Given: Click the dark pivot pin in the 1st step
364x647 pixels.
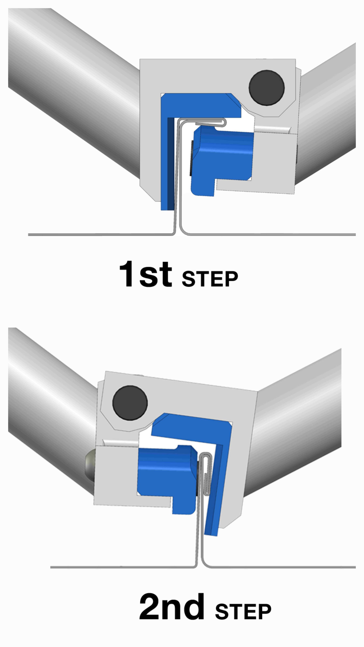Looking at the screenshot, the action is tap(267, 88).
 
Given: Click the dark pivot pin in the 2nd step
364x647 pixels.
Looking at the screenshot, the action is tap(130, 403).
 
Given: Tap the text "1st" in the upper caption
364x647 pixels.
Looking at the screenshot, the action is tap(146, 274).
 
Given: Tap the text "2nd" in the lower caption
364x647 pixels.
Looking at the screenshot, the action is tap(172, 607).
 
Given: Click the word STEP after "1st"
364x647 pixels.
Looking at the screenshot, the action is tap(210, 279).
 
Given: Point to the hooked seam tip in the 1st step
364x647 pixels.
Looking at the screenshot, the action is tap(224, 122).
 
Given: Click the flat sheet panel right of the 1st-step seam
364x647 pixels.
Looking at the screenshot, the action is tap(271, 234).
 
